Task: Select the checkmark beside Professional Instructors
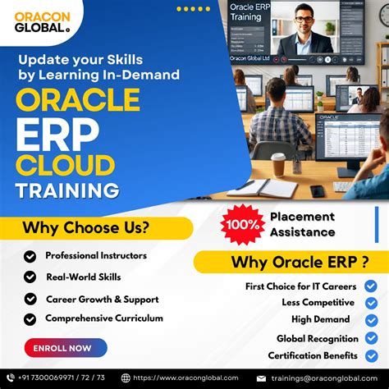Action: coord(30,257)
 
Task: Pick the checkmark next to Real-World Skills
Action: coord(30,278)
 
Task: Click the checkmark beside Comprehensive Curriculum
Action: coord(30,319)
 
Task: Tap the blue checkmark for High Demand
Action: coord(370,320)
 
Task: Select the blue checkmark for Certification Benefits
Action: coord(370,355)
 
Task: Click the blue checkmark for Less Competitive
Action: coord(370,303)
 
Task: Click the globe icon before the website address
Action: coord(126,378)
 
